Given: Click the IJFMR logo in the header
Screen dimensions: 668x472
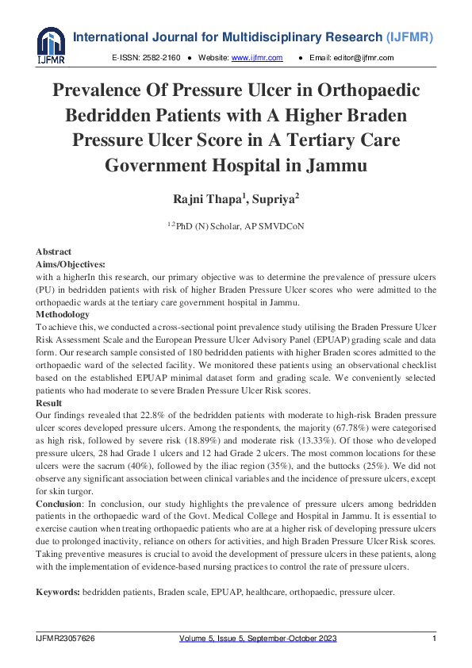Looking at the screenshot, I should (50, 46).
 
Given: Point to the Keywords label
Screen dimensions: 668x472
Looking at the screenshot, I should (58, 593).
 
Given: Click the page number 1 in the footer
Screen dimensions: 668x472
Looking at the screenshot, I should (434, 639).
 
